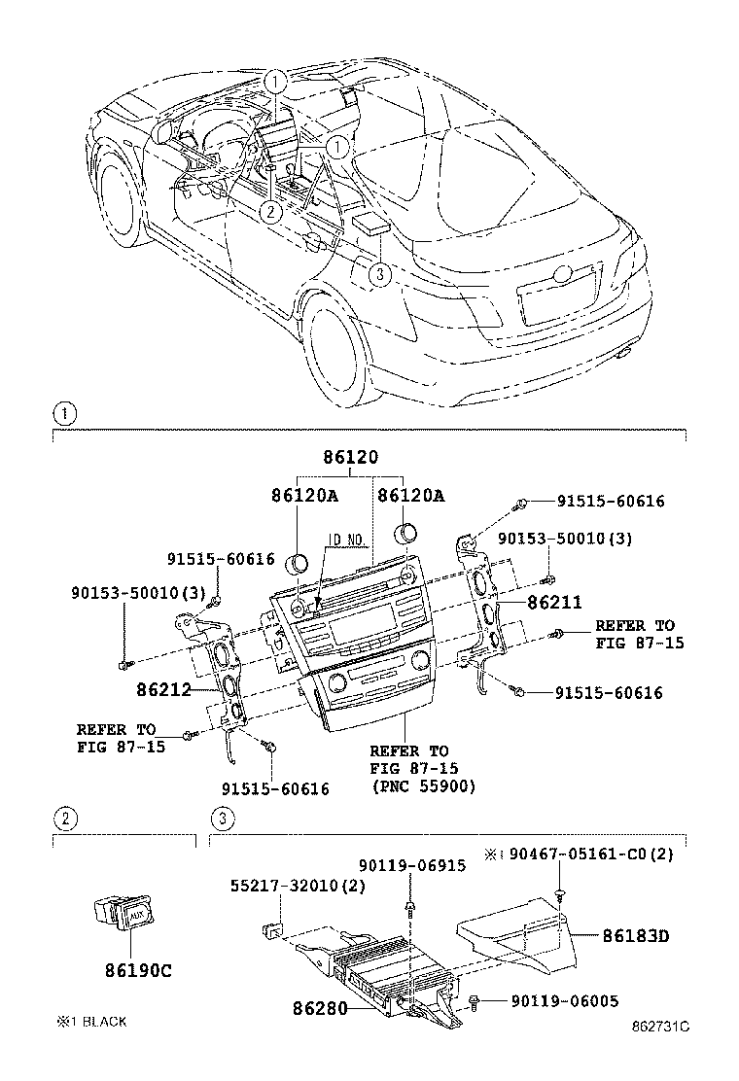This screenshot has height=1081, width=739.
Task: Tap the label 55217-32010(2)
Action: (284, 887)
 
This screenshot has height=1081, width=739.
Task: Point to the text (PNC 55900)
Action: (424, 787)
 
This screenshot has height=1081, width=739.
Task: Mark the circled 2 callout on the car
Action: (271, 209)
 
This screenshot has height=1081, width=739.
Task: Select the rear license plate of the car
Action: (557, 295)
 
